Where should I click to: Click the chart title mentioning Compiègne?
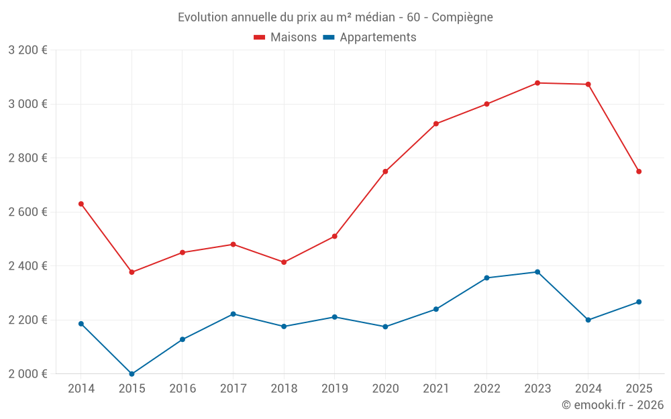[335, 17]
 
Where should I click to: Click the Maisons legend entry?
[285, 38]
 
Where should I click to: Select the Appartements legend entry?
[370, 38]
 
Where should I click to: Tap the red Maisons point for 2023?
[537, 83]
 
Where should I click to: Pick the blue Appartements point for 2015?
[132, 374]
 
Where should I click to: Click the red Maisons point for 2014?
[81, 204]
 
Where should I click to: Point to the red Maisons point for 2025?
[639, 172]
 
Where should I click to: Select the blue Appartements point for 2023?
[537, 272]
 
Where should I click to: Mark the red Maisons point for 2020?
[385, 172]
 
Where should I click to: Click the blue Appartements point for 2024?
[588, 320]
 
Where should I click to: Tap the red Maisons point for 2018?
[284, 262]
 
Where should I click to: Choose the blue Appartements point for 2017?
[233, 314]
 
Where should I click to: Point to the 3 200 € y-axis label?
[28, 50]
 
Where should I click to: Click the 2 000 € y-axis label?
[28, 374]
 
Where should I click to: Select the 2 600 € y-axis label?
[28, 212]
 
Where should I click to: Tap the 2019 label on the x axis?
[334, 389]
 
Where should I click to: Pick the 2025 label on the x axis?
[639, 389]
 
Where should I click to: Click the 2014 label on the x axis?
[81, 389]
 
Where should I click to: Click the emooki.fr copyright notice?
[612, 405]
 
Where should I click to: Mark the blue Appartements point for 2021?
[436, 309]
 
